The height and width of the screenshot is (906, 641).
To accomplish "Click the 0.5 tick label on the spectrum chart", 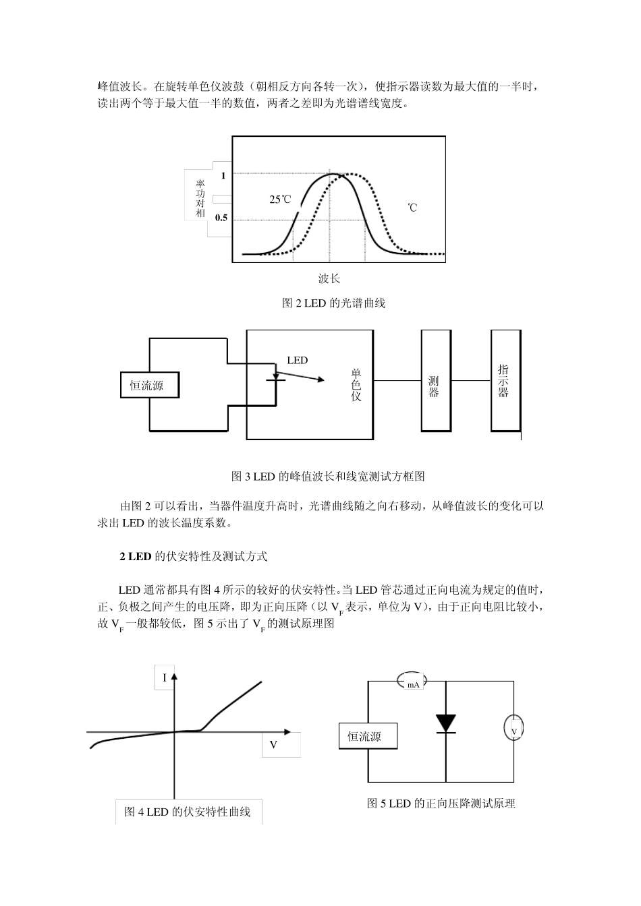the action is tap(221, 218).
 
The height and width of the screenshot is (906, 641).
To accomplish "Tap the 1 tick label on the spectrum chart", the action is tap(223, 175).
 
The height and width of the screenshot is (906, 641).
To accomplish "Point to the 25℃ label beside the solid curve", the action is tap(280, 200).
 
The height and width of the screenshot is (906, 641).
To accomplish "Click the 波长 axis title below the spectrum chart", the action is tap(329, 278).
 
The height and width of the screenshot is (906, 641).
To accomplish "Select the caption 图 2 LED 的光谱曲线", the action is tap(333, 303).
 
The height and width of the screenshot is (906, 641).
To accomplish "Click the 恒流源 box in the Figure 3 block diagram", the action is tap(147, 386).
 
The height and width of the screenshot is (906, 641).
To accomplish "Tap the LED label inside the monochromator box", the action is tap(297, 361).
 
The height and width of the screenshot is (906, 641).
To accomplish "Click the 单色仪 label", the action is tap(356, 384).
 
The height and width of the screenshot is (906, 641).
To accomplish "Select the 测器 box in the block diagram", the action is tap(436, 381).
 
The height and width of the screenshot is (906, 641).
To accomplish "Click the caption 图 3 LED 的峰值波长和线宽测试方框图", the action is tap(328, 477).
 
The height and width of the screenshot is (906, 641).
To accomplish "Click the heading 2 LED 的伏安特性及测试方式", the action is tap(194, 557).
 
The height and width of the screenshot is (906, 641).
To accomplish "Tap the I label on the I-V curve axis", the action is tap(164, 677).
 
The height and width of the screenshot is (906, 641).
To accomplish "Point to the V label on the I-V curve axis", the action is tap(273, 745).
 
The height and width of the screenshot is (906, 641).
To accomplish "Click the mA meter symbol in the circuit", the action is tap(413, 683).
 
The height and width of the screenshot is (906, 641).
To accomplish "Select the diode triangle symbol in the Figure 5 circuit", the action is tap(446, 723).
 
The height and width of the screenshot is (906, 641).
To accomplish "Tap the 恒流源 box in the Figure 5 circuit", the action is tap(368, 737).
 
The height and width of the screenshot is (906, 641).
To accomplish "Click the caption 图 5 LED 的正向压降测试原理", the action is tap(441, 804).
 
